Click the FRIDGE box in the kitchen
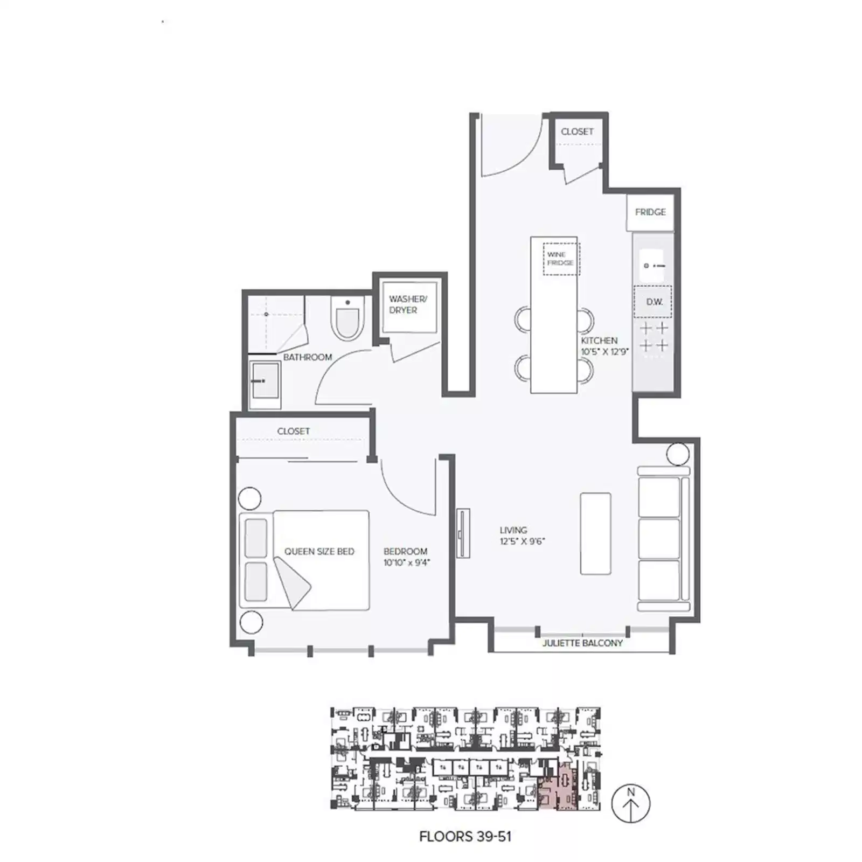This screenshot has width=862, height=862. [x=650, y=212]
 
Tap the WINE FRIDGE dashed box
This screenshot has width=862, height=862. [x=561, y=259]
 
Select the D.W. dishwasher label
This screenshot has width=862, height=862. [x=654, y=302]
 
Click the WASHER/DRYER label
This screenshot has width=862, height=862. [x=408, y=304]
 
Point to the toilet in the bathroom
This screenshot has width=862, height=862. [x=347, y=321]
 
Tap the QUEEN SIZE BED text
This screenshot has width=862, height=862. [x=319, y=551]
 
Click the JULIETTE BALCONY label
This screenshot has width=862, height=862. [x=582, y=643]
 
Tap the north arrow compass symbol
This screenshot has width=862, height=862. [x=631, y=803]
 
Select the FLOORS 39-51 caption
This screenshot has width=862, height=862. [x=465, y=837]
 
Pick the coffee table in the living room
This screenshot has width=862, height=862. [x=595, y=533]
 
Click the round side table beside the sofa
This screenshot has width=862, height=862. [x=677, y=454]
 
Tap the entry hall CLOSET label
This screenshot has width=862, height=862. [x=576, y=131]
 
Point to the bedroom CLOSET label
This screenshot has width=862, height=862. [x=293, y=431]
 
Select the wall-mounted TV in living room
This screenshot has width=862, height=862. [x=463, y=533]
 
